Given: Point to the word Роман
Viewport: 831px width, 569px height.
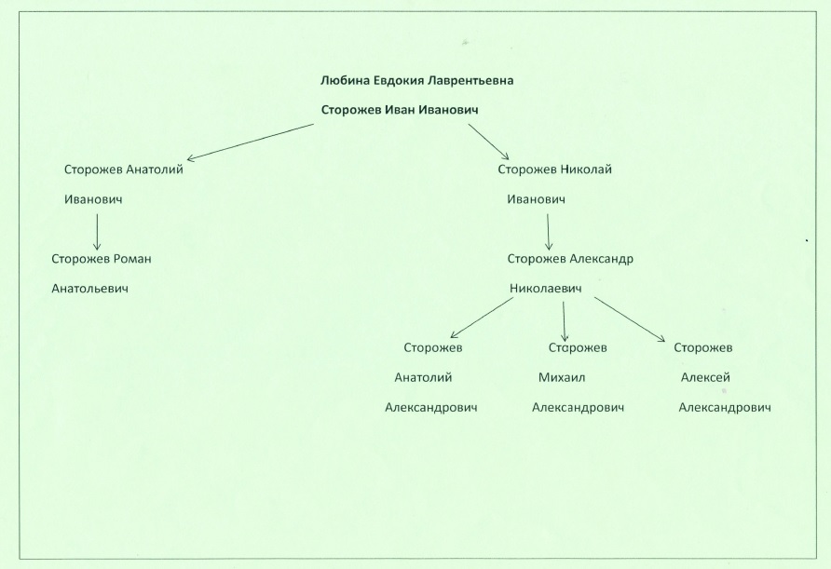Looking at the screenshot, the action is (133, 259).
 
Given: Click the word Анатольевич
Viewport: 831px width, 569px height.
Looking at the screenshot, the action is (89, 289).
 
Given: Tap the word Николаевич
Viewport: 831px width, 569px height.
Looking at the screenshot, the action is (545, 289).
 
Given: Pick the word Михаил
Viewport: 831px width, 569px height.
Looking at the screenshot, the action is (562, 378).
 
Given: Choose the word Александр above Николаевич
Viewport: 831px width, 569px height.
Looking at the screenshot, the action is (602, 259).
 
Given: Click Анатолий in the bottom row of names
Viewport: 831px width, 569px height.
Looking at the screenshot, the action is (423, 378).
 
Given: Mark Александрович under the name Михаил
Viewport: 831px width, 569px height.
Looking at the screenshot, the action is (578, 407).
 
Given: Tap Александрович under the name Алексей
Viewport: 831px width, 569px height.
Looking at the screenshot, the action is (725, 407).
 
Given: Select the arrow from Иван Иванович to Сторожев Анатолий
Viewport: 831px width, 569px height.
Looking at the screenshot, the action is (251, 142).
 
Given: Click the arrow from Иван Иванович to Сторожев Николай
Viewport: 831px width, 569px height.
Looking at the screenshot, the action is (488, 142).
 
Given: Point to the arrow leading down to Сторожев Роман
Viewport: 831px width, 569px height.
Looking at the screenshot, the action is (97, 232).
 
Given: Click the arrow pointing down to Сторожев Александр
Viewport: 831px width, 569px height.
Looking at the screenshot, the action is (548, 232).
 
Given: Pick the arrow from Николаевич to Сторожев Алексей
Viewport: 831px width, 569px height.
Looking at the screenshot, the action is (630, 319).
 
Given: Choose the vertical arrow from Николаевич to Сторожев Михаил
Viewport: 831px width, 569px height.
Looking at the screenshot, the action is (564, 321).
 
